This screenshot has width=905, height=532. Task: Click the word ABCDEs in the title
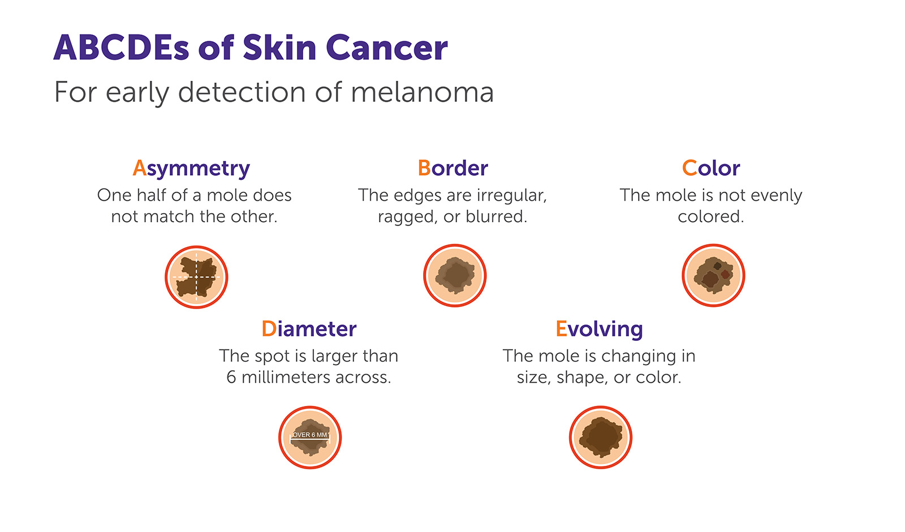(121, 47)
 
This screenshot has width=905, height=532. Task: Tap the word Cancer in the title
(386, 47)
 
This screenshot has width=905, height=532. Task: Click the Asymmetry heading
(191, 168)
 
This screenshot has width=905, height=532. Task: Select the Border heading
(453, 168)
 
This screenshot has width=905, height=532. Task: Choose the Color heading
(711, 168)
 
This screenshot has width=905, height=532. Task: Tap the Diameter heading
(309, 328)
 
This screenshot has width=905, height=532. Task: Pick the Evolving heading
(599, 328)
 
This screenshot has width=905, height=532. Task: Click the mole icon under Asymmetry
(196, 277)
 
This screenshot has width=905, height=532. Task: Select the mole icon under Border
(455, 275)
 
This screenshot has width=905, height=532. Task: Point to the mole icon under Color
(713, 275)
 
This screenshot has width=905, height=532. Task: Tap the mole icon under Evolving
(600, 437)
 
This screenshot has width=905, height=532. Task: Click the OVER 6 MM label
(310, 435)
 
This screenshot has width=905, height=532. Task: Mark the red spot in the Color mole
(725, 275)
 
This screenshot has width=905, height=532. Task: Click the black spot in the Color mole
(717, 266)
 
